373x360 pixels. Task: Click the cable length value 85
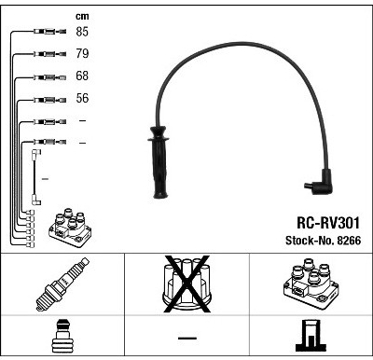82,32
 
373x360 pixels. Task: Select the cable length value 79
82,53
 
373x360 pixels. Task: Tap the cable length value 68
82,76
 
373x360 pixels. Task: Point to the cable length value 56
82,98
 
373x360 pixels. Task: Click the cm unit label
82,16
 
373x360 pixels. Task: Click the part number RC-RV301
328,223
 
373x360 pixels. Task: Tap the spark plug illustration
62,284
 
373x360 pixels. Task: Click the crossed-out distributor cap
186,284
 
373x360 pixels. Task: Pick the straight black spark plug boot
159,162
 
